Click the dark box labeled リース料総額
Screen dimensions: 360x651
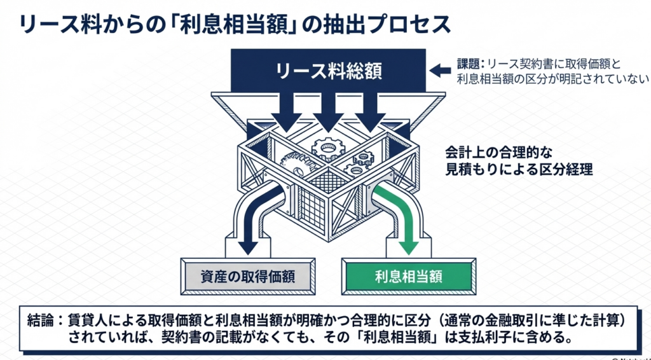tap(329, 69)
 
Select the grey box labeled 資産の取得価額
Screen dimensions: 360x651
tap(247, 276)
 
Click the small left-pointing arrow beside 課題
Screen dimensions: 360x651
tap(438, 69)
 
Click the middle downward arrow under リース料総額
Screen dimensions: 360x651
tap(328, 114)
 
